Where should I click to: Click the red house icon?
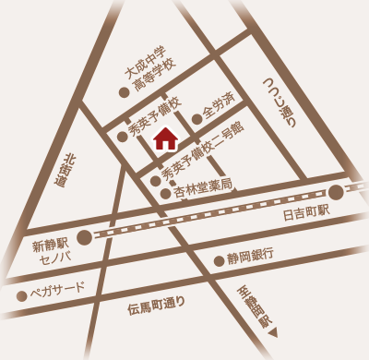165,139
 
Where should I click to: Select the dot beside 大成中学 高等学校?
124,92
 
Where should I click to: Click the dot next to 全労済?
196,118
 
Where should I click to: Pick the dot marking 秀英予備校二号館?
155,180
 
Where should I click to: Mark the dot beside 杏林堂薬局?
166,194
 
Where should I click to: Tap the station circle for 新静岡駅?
84,237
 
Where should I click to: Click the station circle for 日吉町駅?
336,192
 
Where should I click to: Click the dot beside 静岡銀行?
219,261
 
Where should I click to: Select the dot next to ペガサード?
20,296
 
